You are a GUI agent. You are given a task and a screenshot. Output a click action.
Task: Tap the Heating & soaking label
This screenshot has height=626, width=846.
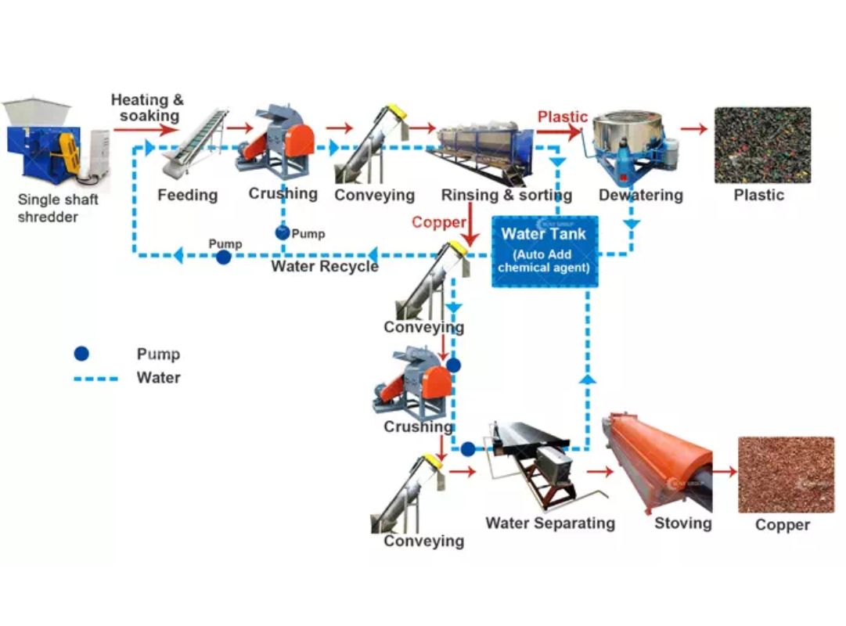coord(147,108)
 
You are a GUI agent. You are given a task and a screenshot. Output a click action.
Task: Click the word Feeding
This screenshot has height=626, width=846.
coord(188,195)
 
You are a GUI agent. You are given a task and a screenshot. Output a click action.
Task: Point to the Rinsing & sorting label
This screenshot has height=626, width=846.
coord(506,195)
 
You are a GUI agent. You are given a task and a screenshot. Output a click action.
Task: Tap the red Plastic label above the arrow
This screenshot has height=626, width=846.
coord(562,117)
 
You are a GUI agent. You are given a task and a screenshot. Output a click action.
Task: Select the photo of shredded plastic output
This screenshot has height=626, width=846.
coord(762,145)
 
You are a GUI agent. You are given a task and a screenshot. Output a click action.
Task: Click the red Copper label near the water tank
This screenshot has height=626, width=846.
coord(438,222)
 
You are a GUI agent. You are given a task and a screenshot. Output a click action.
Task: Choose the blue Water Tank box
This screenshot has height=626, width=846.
coord(544,250)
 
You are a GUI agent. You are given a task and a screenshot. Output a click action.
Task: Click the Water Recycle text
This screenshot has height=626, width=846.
coord(325,267)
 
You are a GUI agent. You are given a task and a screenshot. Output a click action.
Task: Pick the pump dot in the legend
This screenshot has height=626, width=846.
coord(81,354)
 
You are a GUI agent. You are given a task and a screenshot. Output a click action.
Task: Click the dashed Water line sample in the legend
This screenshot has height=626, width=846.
coord(95,379)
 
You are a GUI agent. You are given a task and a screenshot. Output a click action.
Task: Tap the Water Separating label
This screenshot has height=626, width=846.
coord(550,523)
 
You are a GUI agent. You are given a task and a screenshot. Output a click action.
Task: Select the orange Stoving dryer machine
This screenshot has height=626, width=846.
coord(657,462)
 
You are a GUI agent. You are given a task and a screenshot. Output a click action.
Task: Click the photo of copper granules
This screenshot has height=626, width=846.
coord(786,474)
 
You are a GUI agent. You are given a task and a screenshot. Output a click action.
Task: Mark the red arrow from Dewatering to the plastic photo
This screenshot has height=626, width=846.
coord(693,128)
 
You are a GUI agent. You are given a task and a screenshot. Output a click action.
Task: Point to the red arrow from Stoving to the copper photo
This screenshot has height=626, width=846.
coord(725,471)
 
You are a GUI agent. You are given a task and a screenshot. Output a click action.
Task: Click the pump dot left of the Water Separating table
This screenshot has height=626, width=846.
coord(467,449)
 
